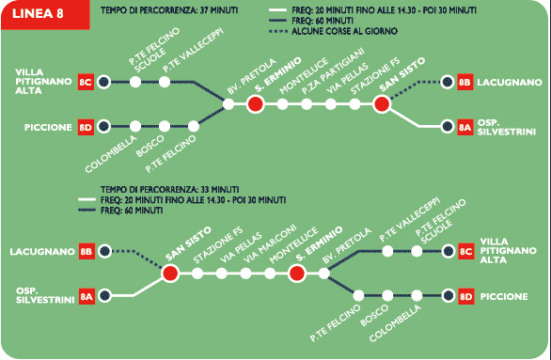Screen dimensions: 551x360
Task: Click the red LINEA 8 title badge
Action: tap(45, 14)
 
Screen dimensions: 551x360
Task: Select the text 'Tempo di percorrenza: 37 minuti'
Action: tap(169, 10)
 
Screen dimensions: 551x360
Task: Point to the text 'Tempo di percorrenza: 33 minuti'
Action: tap(170, 189)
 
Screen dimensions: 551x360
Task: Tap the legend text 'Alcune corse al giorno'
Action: tap(344, 31)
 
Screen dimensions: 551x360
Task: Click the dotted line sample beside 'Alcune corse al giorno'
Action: tap(278, 31)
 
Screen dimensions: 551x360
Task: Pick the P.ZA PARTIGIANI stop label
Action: tap(333, 71)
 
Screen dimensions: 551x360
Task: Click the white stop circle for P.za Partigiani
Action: tap(307, 104)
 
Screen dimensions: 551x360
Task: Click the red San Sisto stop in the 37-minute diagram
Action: tap(382, 104)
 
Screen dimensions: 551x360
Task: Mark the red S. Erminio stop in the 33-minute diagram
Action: tap(297, 274)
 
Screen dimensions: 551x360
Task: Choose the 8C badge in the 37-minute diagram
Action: tap(86, 82)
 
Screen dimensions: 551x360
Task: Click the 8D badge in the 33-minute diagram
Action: tap(466, 296)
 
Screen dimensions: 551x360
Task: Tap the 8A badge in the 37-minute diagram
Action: tap(464, 127)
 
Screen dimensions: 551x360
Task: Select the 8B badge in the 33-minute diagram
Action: tap(87, 252)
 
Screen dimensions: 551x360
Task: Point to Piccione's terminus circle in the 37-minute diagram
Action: tap(103, 127)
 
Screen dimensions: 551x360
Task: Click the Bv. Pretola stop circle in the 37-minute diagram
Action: tap(228, 104)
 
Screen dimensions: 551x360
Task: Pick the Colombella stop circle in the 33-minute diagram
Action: tap(417, 296)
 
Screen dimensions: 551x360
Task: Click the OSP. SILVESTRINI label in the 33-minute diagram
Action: tap(45, 295)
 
